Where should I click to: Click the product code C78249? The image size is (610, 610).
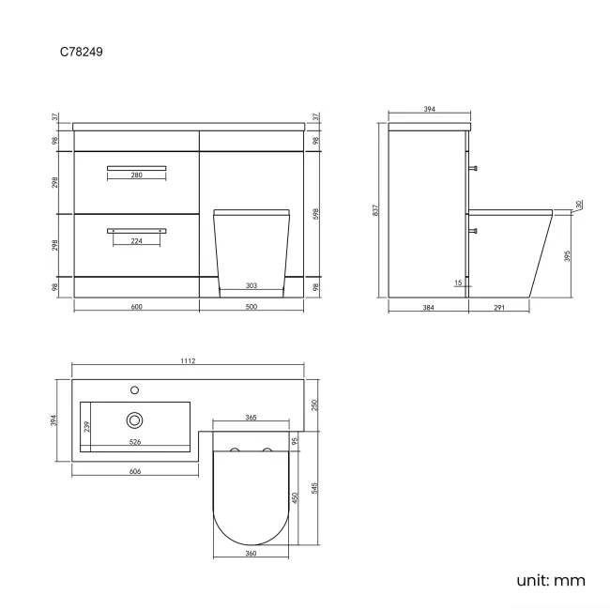click(x=82, y=53)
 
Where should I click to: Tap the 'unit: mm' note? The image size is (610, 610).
click(x=550, y=580)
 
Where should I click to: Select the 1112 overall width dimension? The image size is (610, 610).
click(x=189, y=361)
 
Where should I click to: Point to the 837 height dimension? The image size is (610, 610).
click(x=377, y=211)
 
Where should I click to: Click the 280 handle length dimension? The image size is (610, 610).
click(x=136, y=176)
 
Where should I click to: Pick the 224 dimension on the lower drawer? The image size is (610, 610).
click(x=136, y=239)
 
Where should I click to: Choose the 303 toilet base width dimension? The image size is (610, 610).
click(x=252, y=285)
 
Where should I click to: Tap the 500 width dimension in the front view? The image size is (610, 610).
click(x=252, y=307)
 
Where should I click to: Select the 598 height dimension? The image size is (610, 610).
click(x=316, y=213)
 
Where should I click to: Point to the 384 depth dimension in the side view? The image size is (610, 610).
click(x=427, y=307)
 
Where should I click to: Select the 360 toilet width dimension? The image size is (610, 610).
click(x=252, y=554)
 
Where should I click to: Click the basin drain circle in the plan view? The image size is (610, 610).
click(x=135, y=420)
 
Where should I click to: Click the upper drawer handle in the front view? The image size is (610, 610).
click(x=136, y=167)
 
